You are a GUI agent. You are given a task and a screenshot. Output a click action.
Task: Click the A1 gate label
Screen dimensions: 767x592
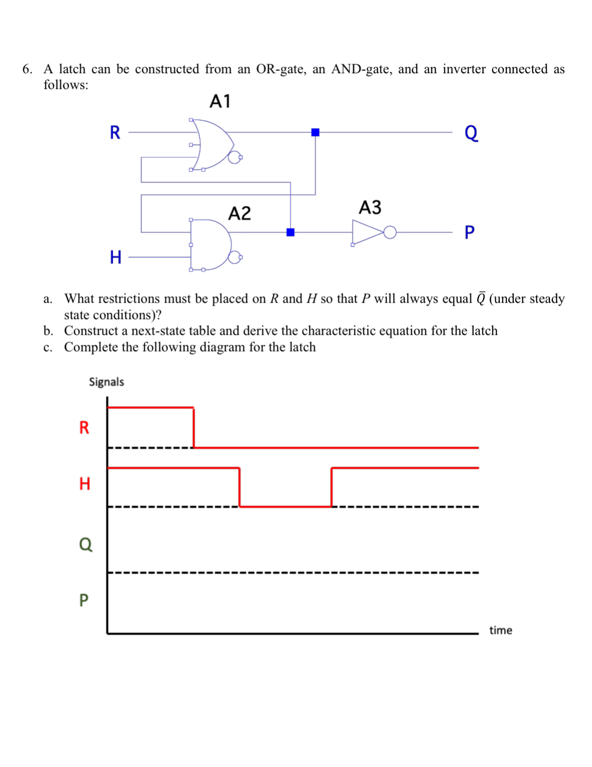(x=220, y=101)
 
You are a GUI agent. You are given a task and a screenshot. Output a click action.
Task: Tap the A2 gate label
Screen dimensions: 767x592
(x=239, y=213)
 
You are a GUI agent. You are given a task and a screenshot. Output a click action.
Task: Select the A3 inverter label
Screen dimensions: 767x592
(x=370, y=207)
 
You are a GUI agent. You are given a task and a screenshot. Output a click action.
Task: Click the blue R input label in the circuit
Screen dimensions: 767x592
(x=115, y=133)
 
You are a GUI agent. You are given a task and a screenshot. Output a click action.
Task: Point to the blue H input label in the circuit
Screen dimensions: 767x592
(x=116, y=257)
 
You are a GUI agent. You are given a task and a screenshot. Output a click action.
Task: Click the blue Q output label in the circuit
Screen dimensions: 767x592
(x=471, y=133)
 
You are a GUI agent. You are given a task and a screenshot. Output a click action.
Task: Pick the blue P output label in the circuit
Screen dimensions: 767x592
(x=469, y=232)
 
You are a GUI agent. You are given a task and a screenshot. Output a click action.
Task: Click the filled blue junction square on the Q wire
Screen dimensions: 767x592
(x=315, y=133)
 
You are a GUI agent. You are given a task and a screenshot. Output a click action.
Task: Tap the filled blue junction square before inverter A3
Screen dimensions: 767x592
(x=290, y=232)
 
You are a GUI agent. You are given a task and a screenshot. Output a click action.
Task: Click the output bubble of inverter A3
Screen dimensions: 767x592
(x=390, y=232)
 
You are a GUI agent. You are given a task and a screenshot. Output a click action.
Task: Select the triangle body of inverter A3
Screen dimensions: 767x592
(x=366, y=232)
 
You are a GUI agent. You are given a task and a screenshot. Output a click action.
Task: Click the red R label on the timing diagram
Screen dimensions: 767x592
(x=84, y=427)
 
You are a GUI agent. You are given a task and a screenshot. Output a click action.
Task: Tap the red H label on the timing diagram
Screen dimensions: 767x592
(x=85, y=483)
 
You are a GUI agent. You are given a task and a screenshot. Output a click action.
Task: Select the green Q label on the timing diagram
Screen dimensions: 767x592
(x=85, y=544)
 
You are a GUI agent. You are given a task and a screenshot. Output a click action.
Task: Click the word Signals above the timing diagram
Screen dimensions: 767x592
(x=106, y=382)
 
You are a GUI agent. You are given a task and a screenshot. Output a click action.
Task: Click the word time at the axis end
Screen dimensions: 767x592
(x=500, y=630)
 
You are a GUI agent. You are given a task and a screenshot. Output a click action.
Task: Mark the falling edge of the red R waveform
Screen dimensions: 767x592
(x=194, y=427)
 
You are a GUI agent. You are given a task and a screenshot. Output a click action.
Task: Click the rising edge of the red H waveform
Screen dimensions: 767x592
(x=332, y=487)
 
